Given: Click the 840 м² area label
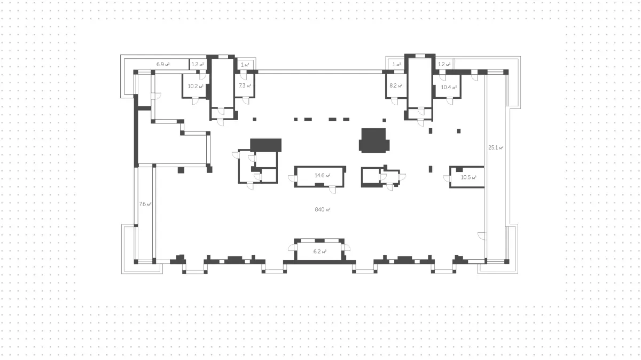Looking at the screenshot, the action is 323,209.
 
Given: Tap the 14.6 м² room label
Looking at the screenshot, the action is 323,175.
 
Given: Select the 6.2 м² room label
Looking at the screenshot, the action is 320,252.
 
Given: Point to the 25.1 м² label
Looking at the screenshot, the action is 496,147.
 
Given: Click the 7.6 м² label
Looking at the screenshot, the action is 145,204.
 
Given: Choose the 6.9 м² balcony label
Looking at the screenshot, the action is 163,65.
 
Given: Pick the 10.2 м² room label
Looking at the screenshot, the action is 196,86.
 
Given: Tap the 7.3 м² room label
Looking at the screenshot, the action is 245,85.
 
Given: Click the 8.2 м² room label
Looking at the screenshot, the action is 396,85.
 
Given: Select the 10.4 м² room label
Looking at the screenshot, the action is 449,87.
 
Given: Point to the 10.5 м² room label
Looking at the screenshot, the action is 468,177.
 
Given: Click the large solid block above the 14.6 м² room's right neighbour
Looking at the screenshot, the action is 374,140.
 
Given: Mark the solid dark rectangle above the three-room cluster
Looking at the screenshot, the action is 266,145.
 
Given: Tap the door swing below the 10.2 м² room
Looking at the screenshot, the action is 195,101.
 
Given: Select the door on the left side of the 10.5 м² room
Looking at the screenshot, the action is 447,178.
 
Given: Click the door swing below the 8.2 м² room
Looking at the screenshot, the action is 395,101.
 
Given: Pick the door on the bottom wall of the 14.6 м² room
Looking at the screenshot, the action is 332,190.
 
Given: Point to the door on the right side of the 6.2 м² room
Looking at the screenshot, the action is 347,247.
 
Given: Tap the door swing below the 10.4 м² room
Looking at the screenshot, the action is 450,101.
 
